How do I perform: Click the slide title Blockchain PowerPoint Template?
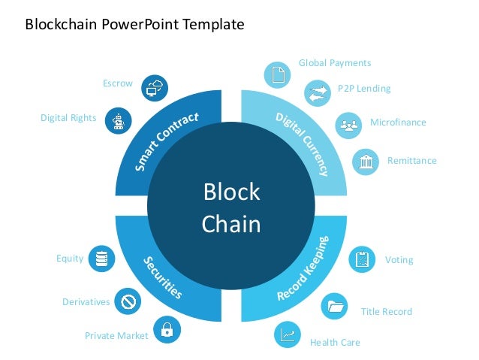(x=135, y=24)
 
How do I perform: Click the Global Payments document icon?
(x=276, y=74)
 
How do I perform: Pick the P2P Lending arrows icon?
(x=316, y=93)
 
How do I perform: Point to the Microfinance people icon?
(x=347, y=123)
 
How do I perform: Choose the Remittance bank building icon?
(x=366, y=161)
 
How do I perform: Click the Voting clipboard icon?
(x=363, y=259)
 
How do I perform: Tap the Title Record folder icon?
(x=334, y=306)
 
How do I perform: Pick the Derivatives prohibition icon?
(x=128, y=301)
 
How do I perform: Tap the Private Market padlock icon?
(x=166, y=328)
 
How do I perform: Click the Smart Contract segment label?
(x=167, y=141)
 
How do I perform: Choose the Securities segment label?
(x=162, y=275)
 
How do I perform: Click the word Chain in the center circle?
(x=231, y=224)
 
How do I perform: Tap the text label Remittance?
(x=411, y=161)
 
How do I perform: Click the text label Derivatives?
(x=86, y=302)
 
